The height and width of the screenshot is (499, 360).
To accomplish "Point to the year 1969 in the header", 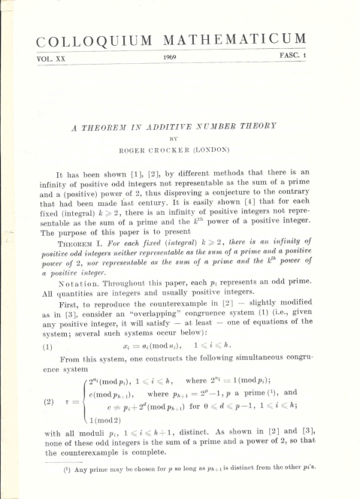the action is pyautogui.click(x=171, y=56).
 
